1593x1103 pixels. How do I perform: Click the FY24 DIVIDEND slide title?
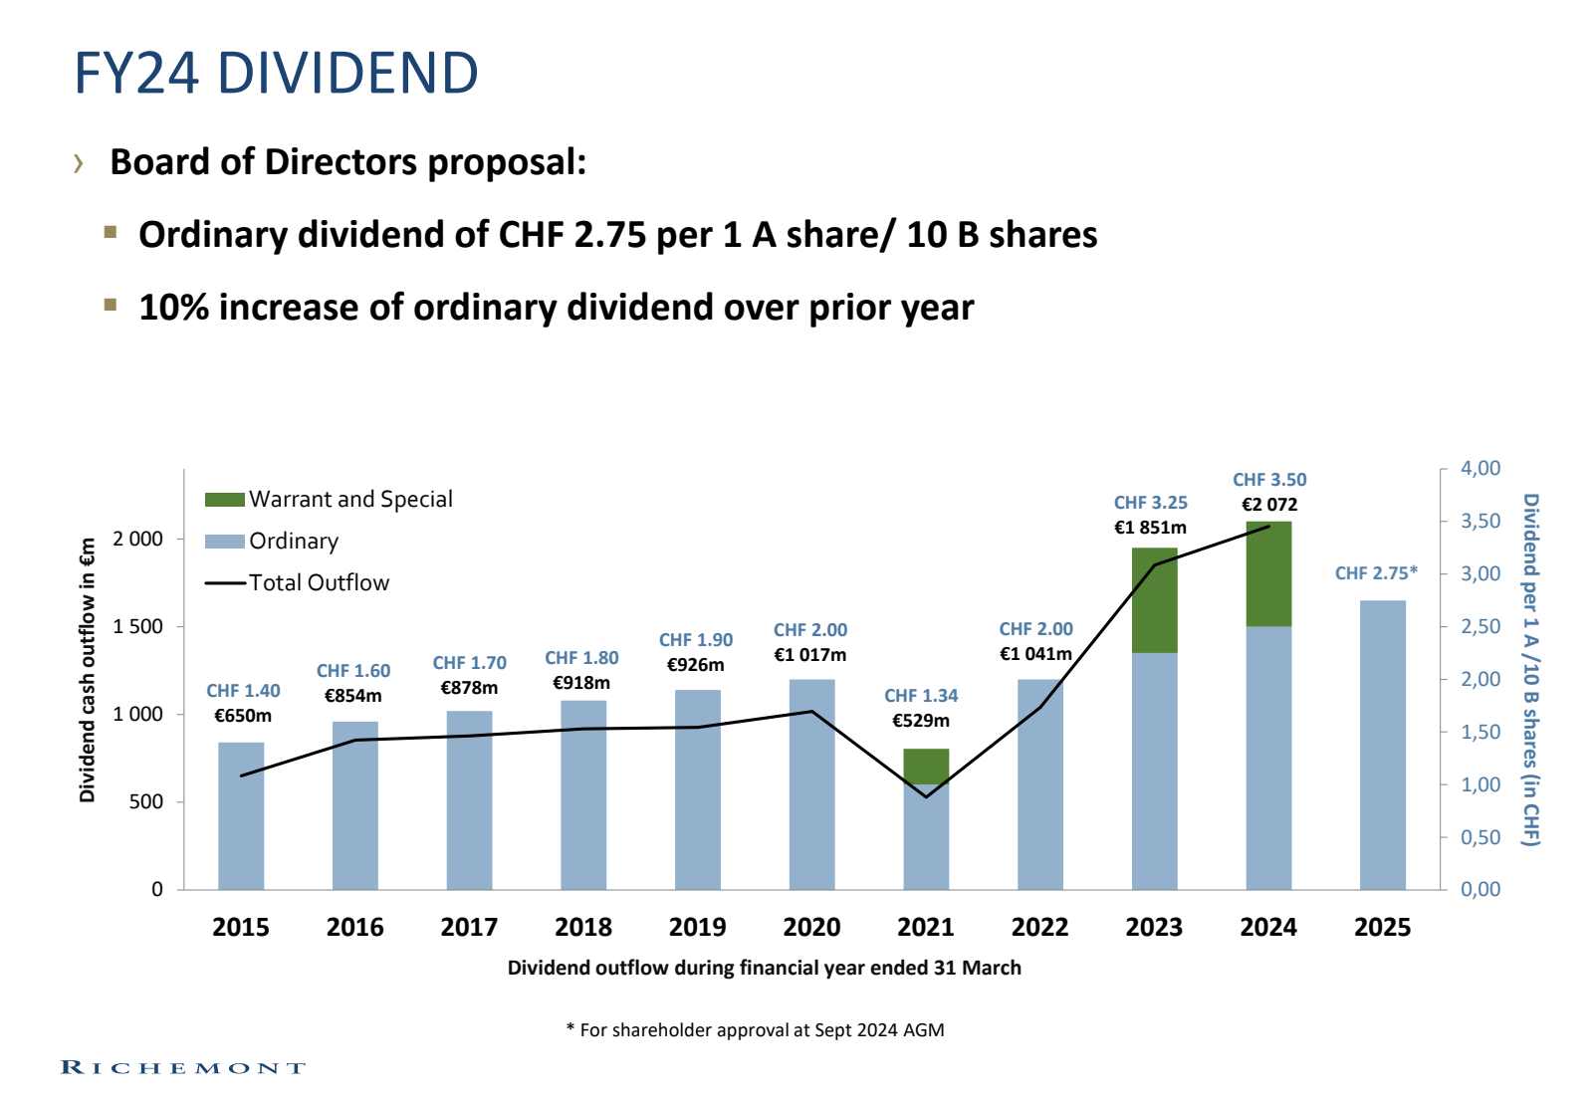click(276, 74)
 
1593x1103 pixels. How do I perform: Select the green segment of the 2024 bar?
click(1268, 573)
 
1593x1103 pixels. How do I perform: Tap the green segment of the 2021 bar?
click(926, 766)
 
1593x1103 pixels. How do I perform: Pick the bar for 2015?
click(241, 816)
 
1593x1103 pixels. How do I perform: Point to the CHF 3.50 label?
click(1269, 480)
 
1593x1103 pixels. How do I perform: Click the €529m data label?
click(920, 720)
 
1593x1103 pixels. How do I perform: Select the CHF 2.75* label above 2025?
click(1376, 573)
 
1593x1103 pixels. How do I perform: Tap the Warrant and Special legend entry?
click(329, 499)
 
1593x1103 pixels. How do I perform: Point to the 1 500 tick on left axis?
click(137, 626)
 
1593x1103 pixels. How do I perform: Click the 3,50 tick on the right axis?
click(1479, 521)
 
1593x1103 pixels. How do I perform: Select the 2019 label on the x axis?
click(697, 927)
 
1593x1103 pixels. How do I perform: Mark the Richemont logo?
click(183, 1067)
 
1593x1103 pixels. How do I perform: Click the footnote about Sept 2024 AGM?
click(755, 1029)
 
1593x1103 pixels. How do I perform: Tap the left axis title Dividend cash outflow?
click(88, 670)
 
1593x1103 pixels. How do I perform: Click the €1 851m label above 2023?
click(1150, 528)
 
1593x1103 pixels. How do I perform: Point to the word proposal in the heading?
click(506, 162)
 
